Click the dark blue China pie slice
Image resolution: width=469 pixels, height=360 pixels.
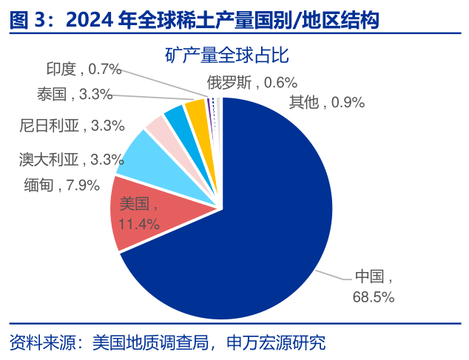click(x=252, y=222)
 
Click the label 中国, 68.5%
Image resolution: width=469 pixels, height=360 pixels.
click(x=374, y=287)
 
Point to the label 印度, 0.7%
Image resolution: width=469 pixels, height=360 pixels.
click(x=83, y=69)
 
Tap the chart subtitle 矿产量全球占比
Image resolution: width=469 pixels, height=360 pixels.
click(x=227, y=55)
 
